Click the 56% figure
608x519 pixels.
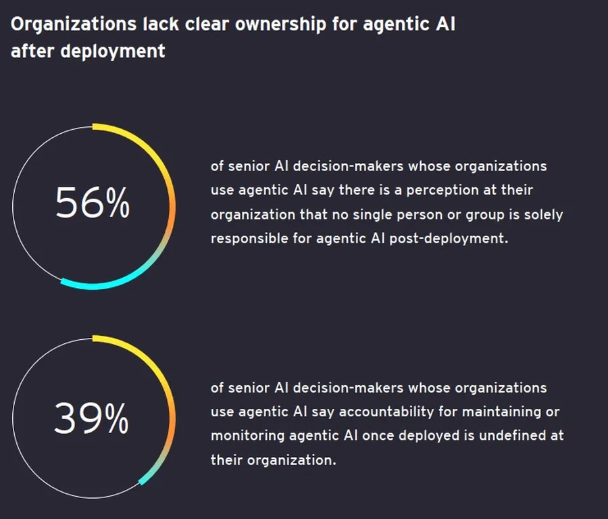(x=93, y=203)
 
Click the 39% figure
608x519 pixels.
(x=91, y=418)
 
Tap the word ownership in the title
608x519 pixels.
(x=281, y=24)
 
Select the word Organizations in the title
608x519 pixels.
(x=74, y=25)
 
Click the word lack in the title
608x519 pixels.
(x=161, y=24)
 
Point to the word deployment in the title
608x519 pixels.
(x=113, y=51)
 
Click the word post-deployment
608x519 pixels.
(x=449, y=238)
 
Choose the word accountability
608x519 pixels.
(x=386, y=412)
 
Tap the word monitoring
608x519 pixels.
(x=247, y=436)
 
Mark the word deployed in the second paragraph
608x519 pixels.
(x=429, y=436)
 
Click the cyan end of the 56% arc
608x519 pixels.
(x=62, y=282)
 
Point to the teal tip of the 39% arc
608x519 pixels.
(x=141, y=483)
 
